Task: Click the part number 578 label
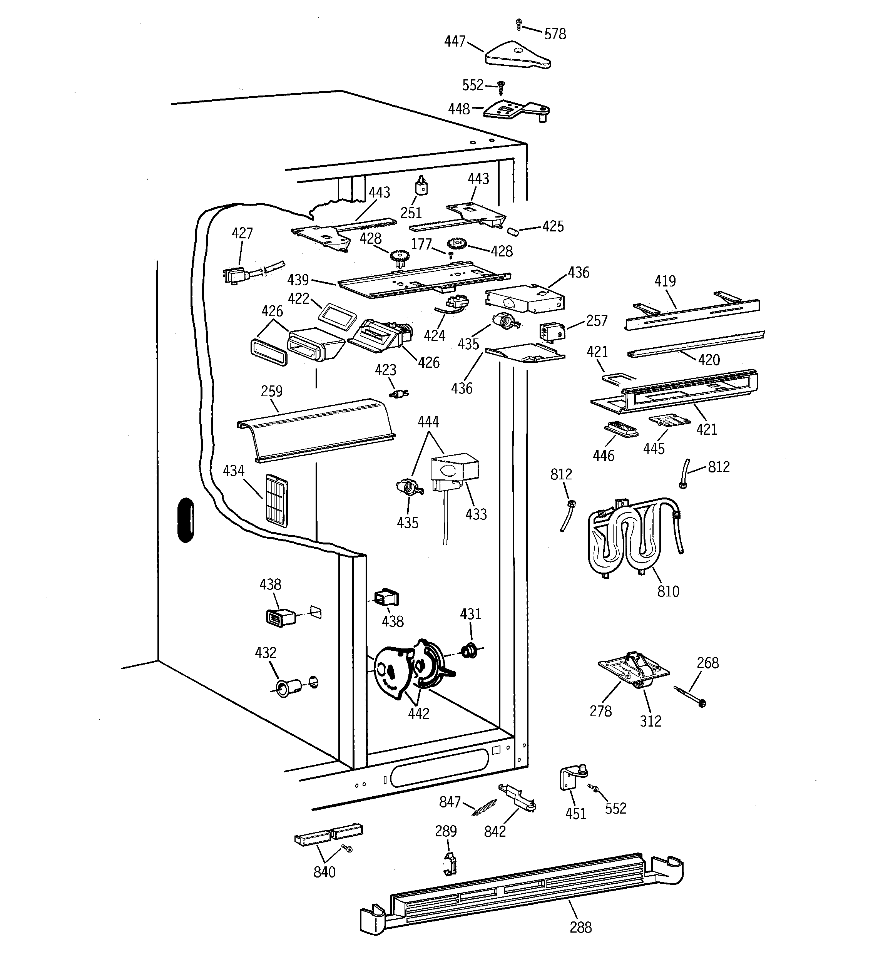click(555, 34)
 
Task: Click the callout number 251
click(411, 213)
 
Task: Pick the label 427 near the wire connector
click(242, 233)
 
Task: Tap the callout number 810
click(668, 591)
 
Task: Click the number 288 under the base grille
click(580, 927)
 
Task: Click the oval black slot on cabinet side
click(186, 520)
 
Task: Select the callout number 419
click(665, 281)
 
